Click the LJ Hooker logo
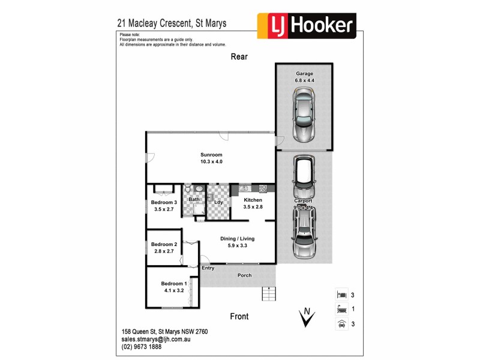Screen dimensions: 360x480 [307, 26]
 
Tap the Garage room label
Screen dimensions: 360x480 [305, 76]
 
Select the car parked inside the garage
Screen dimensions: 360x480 [304, 115]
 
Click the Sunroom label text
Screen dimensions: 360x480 [211, 158]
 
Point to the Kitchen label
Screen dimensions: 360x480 [252, 203]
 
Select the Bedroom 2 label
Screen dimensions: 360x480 [164, 248]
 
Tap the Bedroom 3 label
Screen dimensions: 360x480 [164, 206]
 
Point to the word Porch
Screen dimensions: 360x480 [244, 275]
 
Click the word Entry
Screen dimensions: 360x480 [208, 268]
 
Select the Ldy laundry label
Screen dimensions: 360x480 [218, 202]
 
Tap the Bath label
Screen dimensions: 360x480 [194, 199]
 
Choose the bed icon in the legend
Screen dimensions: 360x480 [341, 295]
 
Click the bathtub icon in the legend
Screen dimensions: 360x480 [341, 310]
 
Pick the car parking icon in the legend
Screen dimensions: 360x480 [341, 324]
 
